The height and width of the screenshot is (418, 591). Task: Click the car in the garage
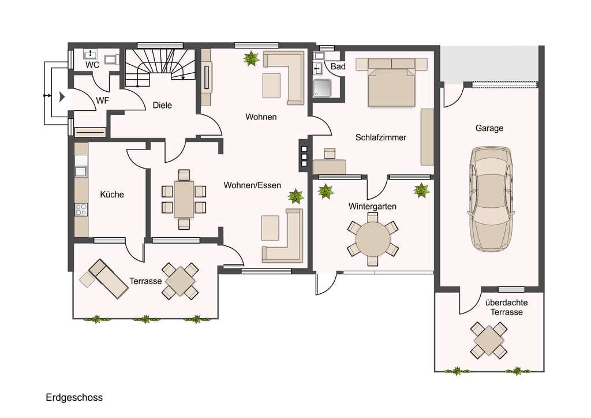tap(491, 199)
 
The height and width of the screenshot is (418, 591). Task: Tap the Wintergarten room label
tap(372, 207)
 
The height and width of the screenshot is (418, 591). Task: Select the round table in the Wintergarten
tap(373, 239)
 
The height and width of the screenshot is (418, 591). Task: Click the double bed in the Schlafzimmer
tap(391, 83)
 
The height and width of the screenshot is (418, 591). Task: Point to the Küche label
tap(112, 195)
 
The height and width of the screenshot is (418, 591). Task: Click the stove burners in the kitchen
tap(81, 210)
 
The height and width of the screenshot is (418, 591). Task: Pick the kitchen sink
tap(81, 171)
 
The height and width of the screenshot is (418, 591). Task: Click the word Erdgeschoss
tap(74, 398)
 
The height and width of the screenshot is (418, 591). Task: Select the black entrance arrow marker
tap(62, 97)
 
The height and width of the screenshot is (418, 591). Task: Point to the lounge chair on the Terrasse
tap(108, 278)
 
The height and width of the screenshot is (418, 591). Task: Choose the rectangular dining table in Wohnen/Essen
tap(184, 199)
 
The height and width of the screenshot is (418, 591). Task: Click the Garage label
tap(489, 128)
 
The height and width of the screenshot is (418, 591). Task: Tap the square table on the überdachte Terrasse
tap(489, 340)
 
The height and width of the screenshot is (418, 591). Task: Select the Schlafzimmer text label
tap(381, 137)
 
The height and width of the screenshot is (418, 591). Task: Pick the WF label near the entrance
tap(103, 100)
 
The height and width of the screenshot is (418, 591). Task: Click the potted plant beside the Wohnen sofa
tap(251, 58)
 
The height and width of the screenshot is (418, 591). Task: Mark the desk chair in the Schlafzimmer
tap(330, 154)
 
